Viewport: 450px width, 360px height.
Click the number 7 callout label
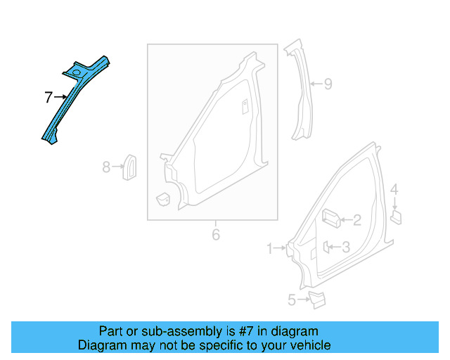coord(48,98)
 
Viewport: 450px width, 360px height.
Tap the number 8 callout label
coord(106,167)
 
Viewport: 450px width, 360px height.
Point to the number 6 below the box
coord(216,234)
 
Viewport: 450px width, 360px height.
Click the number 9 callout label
coord(328,84)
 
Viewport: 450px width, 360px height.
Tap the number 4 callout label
coord(394,189)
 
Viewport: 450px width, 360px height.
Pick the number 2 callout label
coord(357,221)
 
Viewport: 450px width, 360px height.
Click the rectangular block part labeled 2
coord(331,219)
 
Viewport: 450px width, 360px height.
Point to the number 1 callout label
coord(269,248)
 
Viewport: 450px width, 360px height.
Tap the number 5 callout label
coord(292,300)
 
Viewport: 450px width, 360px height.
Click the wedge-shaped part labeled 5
coord(317,299)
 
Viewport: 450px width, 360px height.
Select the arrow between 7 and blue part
coord(60,98)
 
